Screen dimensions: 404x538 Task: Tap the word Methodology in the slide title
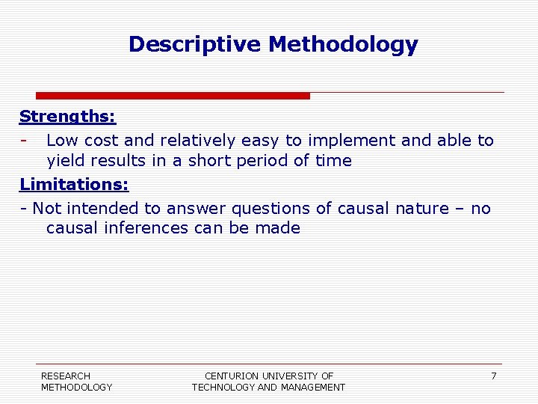(x=343, y=44)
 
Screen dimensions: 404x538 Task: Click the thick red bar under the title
(x=173, y=96)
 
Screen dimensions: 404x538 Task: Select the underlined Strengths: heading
(x=67, y=117)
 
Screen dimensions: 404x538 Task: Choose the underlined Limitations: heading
(x=74, y=184)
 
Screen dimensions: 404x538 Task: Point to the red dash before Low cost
(x=25, y=141)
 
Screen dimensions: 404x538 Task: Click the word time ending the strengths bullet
(x=332, y=162)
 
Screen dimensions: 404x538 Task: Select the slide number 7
(x=493, y=376)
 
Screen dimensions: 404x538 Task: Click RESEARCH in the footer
(x=66, y=376)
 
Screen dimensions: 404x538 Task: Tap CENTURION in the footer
(x=231, y=376)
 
